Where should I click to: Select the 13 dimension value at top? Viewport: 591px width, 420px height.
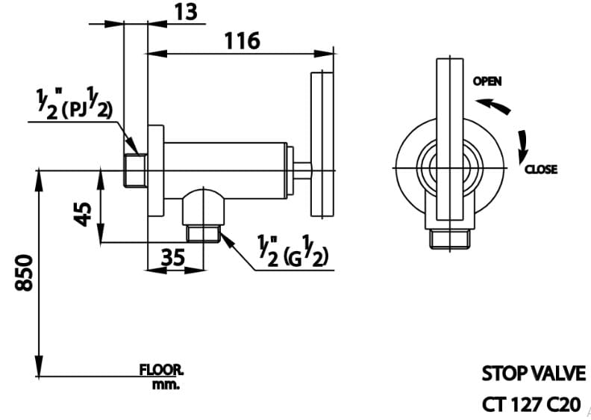coord(188,12)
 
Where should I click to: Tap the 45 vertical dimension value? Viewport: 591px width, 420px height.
coord(84,211)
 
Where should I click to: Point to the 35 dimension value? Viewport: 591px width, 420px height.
coord(172,257)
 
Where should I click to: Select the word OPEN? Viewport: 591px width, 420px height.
coord(487,81)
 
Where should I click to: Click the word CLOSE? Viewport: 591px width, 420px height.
coord(540,170)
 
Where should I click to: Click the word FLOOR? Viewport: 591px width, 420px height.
coord(160,369)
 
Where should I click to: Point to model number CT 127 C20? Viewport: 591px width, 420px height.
coord(531,404)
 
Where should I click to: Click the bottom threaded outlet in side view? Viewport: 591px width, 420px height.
coord(201,234)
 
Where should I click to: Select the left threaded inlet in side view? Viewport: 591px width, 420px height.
coord(135,170)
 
